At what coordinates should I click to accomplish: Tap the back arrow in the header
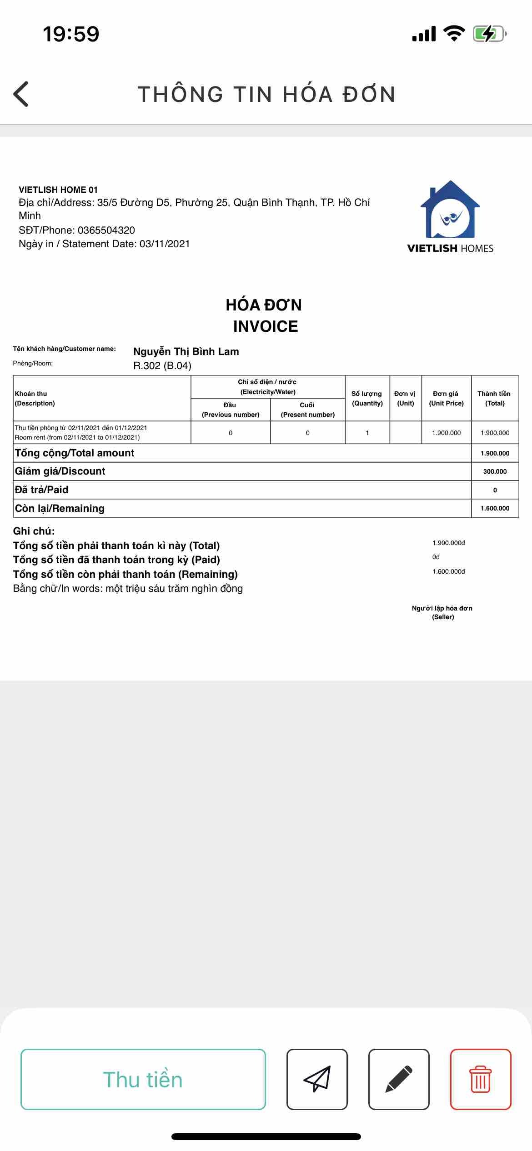21,94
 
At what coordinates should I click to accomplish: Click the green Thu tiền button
143,1079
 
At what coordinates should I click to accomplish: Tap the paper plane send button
317,1079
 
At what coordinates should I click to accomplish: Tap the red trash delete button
480,1079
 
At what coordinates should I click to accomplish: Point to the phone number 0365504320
106,230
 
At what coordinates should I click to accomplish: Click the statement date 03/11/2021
165,244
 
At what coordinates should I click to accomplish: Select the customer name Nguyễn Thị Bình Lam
186,351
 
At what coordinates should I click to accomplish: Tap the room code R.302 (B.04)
162,366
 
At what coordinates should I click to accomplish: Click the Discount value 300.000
495,471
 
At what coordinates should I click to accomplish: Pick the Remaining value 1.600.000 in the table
495,508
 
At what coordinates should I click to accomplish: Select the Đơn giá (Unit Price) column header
446,398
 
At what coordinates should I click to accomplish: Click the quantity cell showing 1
367,433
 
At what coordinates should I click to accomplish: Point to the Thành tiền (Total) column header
494,398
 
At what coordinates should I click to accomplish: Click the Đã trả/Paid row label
42,490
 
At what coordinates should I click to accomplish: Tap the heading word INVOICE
266,326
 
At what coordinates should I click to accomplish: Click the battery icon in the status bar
489,34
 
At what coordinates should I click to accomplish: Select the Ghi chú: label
34,531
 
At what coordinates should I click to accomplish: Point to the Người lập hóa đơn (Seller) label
442,612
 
